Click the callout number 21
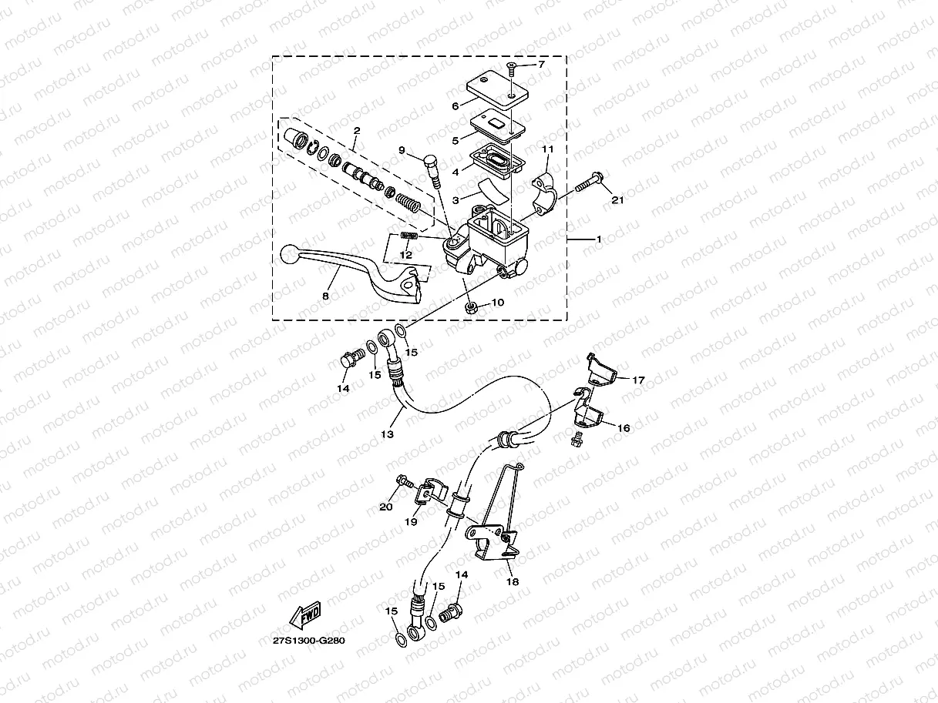point(616,201)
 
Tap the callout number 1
point(598,239)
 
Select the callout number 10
point(498,303)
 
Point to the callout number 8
point(325,295)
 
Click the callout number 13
point(387,434)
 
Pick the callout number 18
point(513,582)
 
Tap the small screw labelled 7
point(510,72)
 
